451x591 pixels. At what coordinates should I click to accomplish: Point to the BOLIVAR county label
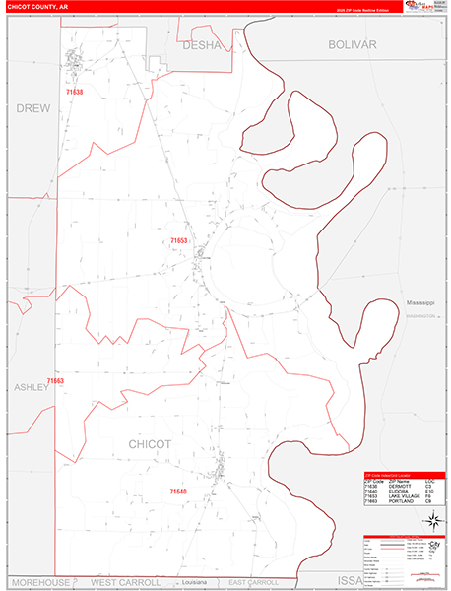pyautogui.click(x=354, y=45)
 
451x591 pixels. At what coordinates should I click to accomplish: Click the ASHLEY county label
pyautogui.click(x=31, y=387)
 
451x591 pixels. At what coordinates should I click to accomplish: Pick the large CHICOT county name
pyautogui.click(x=150, y=444)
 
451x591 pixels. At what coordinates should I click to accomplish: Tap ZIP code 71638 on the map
pyautogui.click(x=75, y=92)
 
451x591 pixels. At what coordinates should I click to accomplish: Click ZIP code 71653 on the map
pyautogui.click(x=178, y=240)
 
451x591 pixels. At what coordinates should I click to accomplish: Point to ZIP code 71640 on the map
pyautogui.click(x=178, y=491)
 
